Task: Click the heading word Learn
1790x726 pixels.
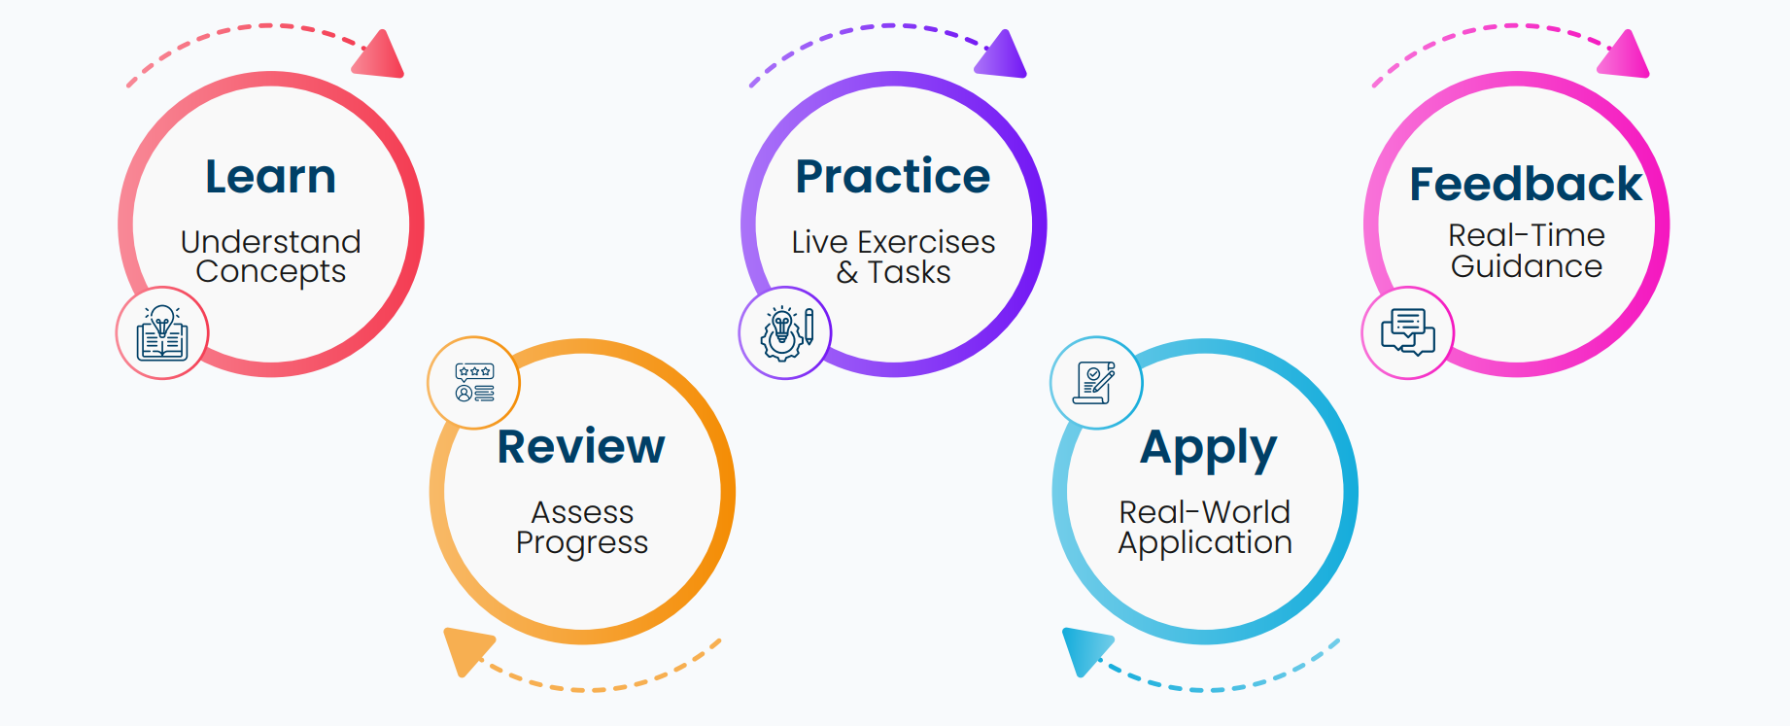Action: (x=271, y=177)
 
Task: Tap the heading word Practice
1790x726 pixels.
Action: (x=893, y=177)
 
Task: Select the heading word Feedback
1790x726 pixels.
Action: (x=1526, y=184)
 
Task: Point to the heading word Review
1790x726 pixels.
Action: (x=581, y=447)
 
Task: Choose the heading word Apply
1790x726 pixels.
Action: (x=1209, y=450)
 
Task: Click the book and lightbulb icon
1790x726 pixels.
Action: (x=162, y=333)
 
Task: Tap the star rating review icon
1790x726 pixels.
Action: (x=474, y=383)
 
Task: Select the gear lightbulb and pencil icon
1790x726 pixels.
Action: (x=786, y=333)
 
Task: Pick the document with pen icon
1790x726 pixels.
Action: (x=1094, y=383)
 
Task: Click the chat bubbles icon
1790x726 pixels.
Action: (x=1408, y=332)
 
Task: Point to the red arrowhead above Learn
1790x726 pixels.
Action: (x=380, y=54)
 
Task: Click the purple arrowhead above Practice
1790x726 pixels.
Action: (x=1002, y=54)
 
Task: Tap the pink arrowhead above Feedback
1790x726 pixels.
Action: (x=1625, y=54)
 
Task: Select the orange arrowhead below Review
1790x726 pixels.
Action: (x=467, y=649)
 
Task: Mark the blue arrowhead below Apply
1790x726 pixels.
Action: (x=1087, y=649)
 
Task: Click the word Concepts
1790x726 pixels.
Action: (x=271, y=272)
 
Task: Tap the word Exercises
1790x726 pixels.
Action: (x=926, y=242)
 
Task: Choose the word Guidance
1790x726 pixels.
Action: (x=1527, y=266)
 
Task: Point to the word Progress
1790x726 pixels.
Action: (x=582, y=543)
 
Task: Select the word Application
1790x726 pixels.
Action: (x=1205, y=543)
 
